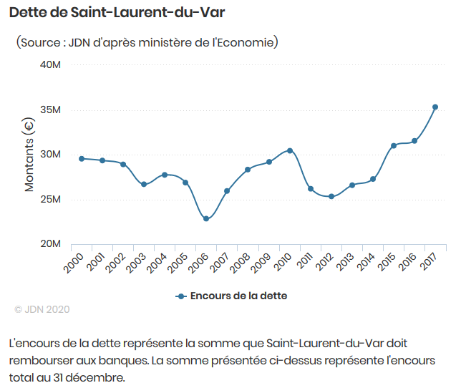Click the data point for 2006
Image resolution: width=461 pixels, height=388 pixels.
pos(206,218)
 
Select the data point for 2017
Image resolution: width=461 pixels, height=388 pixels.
pos(435,107)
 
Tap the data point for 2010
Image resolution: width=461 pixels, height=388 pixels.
pos(289,150)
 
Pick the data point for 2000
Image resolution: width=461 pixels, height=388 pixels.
pos(82,159)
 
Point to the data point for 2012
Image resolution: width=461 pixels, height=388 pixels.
pos(331,196)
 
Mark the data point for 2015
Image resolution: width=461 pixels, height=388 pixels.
pos(393,145)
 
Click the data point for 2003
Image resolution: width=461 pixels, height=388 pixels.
pos(144,184)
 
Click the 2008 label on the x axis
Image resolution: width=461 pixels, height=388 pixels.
pos(239,262)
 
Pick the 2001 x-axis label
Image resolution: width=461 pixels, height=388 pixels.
pos(94,262)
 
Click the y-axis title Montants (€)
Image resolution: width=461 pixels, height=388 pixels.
pos(29,155)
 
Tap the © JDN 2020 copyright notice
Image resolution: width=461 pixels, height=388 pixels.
pos(42,309)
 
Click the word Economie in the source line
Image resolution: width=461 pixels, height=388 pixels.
pos(250,43)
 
